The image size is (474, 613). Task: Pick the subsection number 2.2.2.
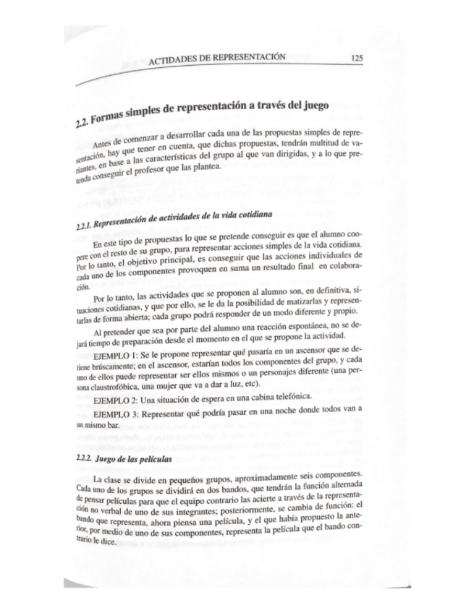[x=85, y=458]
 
